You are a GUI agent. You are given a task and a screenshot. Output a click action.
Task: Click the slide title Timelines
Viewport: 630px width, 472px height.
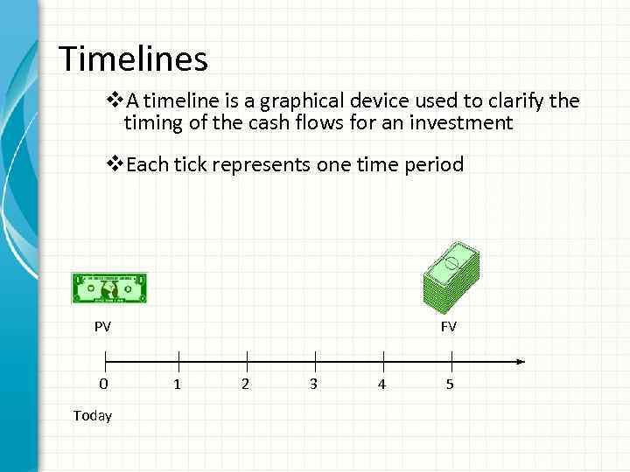pos(133,59)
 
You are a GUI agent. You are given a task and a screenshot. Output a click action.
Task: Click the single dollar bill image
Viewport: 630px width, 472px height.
pos(109,288)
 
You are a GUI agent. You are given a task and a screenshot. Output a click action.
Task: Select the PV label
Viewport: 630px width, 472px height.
pos(103,327)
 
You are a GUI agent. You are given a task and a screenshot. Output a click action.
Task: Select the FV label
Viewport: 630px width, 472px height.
pos(449,327)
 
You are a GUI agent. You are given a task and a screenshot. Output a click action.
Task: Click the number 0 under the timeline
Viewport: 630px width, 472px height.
pos(104,385)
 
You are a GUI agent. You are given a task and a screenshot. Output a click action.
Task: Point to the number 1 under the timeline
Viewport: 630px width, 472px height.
pos(178,385)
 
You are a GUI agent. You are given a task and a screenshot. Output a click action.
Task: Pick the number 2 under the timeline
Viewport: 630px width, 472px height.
pos(245,385)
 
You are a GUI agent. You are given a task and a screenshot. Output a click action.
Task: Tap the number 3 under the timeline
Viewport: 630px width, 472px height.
pos(313,385)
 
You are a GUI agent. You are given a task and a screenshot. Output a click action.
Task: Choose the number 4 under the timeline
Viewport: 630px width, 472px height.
pos(381,385)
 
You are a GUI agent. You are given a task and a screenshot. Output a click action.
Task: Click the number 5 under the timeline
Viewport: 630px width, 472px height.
pos(450,385)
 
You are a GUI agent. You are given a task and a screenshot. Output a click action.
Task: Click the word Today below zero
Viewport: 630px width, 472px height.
pos(93,416)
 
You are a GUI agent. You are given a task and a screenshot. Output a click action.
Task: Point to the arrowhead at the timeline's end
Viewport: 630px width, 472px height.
pos(520,361)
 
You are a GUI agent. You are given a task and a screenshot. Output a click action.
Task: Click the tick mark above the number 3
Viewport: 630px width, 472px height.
pos(315,360)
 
